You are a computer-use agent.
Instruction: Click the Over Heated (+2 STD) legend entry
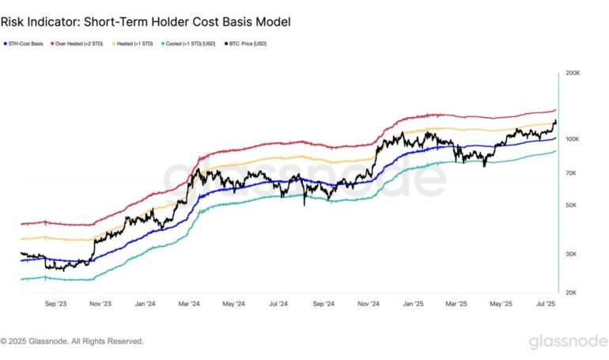click(79, 44)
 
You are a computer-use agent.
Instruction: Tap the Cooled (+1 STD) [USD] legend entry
click(190, 44)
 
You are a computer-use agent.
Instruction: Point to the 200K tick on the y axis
click(572, 73)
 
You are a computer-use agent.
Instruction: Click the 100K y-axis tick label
click(572, 139)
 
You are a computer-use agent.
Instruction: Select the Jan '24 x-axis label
click(145, 303)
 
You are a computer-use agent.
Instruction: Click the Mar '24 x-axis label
click(188, 303)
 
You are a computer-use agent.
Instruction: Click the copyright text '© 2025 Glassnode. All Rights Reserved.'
click(72, 341)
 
